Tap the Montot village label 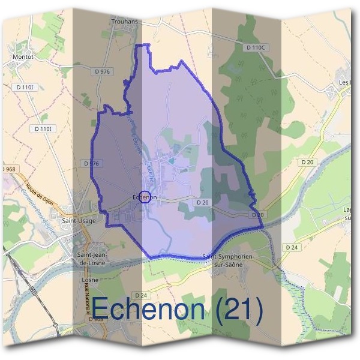pos(23,58)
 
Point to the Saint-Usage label pos(76,220)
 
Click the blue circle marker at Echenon pos(145,197)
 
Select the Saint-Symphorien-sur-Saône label pos(229,260)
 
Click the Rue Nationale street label pos(87,300)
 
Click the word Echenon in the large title pos(148,310)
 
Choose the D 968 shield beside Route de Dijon pos(8,169)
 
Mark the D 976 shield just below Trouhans pos(103,71)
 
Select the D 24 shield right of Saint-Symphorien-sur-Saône pos(292,247)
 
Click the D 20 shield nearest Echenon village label pos(202,202)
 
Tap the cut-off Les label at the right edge pos(344,82)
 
